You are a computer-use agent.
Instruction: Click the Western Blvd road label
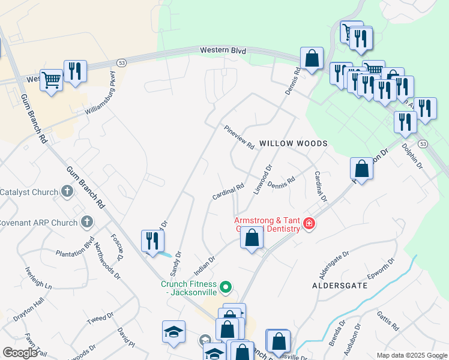[223, 52]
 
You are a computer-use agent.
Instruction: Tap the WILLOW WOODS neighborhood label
[294, 144]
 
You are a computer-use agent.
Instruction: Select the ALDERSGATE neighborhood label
[340, 286]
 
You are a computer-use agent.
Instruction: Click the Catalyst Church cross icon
[67, 192]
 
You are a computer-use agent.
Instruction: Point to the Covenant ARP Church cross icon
[87, 223]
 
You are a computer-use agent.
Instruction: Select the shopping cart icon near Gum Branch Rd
[52, 79]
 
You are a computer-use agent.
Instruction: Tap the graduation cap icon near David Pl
[173, 332]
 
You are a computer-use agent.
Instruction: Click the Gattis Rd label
[388, 321]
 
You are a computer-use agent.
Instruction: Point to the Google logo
[20, 353]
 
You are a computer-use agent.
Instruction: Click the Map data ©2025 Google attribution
[411, 355]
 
